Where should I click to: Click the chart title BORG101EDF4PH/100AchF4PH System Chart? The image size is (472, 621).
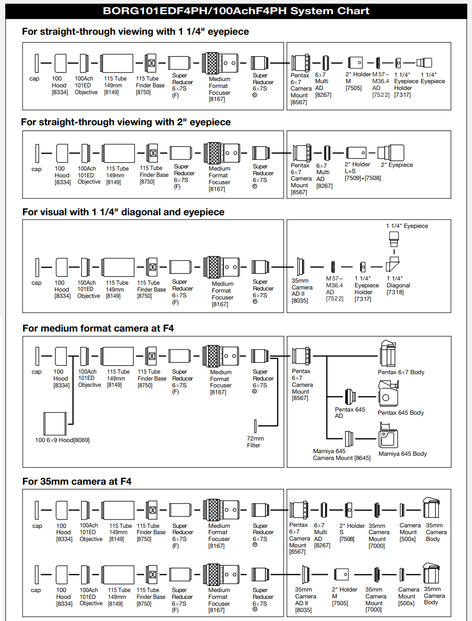tap(236, 11)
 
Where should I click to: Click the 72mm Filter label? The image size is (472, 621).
tap(255, 442)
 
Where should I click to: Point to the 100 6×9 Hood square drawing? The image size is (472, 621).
tap(55, 424)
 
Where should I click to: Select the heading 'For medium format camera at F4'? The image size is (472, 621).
tap(98, 328)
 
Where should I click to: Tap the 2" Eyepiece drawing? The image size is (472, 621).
tap(391, 153)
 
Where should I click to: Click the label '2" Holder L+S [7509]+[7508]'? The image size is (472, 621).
tap(362, 171)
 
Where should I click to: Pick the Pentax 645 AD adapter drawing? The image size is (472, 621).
tap(350, 396)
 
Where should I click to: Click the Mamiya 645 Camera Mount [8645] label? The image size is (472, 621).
tap(342, 454)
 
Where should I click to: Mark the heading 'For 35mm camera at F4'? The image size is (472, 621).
tap(77, 482)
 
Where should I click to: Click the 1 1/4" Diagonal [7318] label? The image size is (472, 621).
tap(398, 285)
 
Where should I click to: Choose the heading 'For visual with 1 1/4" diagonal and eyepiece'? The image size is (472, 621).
tap(124, 212)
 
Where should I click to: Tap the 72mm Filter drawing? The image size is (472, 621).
tap(255, 426)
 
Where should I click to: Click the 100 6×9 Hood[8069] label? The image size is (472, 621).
tap(62, 440)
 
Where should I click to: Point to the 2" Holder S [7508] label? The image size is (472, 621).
tap(352, 532)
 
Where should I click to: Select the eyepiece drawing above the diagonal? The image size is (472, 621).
tap(394, 239)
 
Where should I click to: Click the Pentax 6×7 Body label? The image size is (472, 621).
tap(401, 372)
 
